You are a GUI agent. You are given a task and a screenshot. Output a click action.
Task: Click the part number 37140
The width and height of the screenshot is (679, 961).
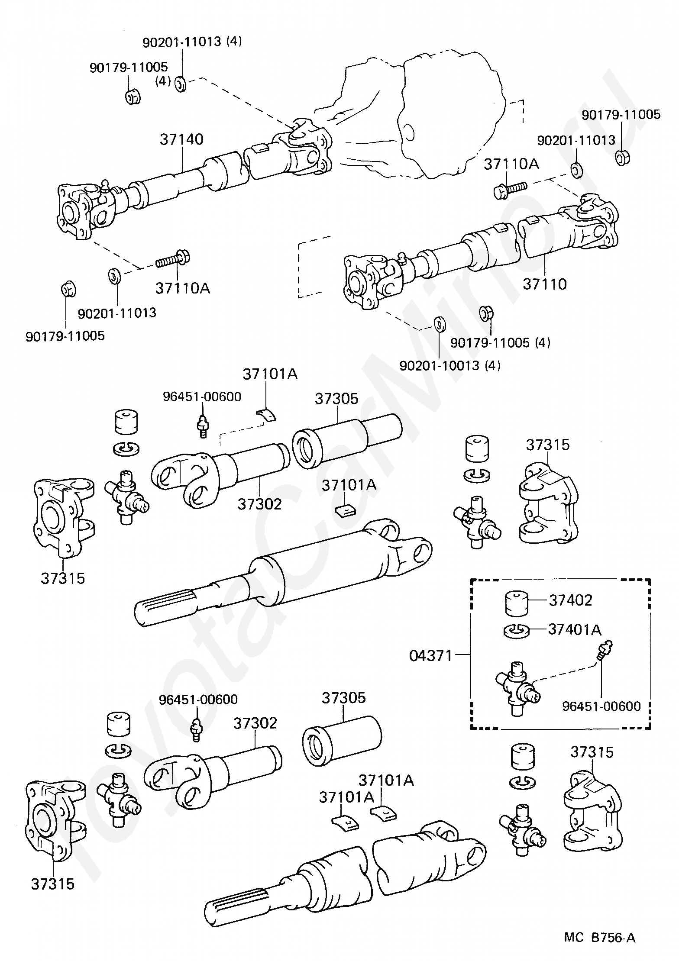pos(181,139)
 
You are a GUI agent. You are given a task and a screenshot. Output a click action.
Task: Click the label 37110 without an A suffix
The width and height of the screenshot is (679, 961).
pos(544,284)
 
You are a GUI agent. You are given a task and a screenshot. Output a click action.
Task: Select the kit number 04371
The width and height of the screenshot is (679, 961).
pos(430,655)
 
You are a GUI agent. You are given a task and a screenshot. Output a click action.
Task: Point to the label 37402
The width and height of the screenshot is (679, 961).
pos(570,600)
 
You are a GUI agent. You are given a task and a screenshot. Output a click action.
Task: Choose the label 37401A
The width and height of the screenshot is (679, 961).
pos(575,629)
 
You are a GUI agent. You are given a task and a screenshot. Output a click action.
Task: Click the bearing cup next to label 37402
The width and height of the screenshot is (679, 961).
pos(517,603)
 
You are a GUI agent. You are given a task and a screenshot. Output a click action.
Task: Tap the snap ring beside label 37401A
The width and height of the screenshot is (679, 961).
pos(517,631)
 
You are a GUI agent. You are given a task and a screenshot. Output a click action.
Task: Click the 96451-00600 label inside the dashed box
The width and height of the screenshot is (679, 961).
pos(601,706)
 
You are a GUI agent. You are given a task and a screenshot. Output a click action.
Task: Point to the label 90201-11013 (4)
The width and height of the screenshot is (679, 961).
pos(192,42)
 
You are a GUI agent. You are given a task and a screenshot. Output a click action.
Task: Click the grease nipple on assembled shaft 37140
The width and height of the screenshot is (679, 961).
pos(104,186)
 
